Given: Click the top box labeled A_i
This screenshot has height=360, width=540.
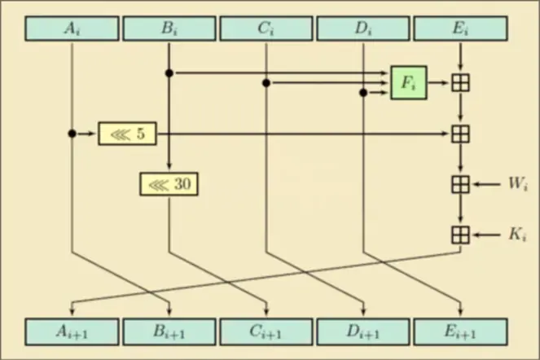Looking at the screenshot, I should pos(72,29).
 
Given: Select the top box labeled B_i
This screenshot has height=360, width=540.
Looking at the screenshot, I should pos(169,29).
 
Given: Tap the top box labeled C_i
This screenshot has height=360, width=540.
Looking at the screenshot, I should pos(266,29).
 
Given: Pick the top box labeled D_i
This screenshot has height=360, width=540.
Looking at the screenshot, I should pos(362,29).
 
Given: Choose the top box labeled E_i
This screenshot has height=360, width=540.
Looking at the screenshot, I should pos(460,29).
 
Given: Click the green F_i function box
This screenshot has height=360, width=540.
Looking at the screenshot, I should pos(408,82).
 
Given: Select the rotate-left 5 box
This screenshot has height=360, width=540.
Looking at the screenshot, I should pos(127,133).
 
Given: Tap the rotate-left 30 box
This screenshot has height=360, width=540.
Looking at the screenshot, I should pos(169,184).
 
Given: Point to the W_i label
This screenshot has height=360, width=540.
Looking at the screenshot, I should pos(518,184).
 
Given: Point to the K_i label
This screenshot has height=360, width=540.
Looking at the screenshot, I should pos(518,235).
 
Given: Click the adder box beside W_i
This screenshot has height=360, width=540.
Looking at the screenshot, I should pos(460,184).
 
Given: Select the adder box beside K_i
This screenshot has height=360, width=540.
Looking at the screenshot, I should pos(460,235).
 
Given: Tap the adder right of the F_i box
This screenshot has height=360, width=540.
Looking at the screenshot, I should pos(460,82).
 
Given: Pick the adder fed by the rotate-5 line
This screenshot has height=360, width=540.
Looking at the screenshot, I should pos(460,133).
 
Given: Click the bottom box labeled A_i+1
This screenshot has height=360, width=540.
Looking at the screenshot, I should pos(72,331).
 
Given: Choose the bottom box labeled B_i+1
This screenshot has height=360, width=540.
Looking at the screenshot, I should pos(169,331).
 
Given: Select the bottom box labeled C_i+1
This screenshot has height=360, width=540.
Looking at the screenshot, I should pos(266,331).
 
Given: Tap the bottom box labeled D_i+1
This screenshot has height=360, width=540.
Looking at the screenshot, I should pos(362,331).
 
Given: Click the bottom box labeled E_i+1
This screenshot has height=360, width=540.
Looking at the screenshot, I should pos(460,331).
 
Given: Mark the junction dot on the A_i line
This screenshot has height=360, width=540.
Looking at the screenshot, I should pos(72,133).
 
